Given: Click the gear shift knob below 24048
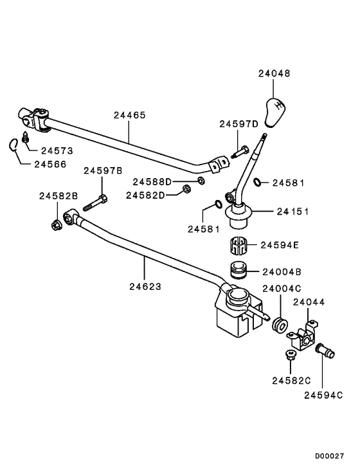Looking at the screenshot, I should pyautogui.click(x=274, y=112).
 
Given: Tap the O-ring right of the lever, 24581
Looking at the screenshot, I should pyautogui.click(x=257, y=183).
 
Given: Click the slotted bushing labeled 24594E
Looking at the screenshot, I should pyautogui.click(x=238, y=246).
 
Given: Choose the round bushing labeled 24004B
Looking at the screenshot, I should pyautogui.click(x=238, y=270).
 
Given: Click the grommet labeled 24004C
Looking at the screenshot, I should pyautogui.click(x=280, y=324).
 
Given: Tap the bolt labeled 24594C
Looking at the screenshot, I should pyautogui.click(x=325, y=352).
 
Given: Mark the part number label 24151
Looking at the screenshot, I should pyautogui.click(x=292, y=211).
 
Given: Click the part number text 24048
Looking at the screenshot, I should pyautogui.click(x=274, y=73).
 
